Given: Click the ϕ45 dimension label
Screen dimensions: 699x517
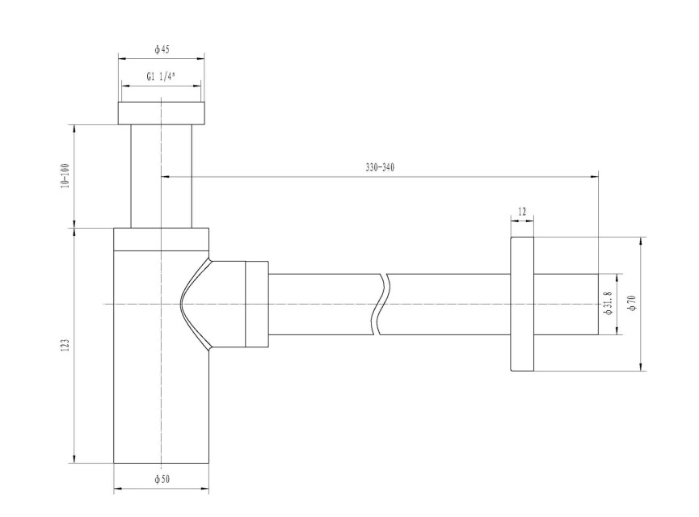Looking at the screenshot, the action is click(x=162, y=49).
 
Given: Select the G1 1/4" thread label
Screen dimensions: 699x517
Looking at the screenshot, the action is click(x=161, y=77).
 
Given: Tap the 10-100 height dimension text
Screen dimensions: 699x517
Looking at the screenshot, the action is click(x=65, y=175).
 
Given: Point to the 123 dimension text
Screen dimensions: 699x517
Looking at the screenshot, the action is click(x=65, y=346).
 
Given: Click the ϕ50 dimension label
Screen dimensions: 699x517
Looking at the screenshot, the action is click(x=162, y=480).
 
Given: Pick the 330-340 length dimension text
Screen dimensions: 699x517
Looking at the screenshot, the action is click(x=380, y=167).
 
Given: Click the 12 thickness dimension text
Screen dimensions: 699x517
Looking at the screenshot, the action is click(x=522, y=212).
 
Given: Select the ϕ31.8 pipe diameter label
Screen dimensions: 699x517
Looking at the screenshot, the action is click(x=609, y=304).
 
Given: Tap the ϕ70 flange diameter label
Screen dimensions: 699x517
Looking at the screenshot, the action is click(x=631, y=303).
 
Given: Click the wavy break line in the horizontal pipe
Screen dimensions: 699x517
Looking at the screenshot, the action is click(x=380, y=305).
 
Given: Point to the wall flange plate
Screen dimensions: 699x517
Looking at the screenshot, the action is click(x=521, y=304).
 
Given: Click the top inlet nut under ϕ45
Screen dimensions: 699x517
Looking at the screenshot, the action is click(x=162, y=113).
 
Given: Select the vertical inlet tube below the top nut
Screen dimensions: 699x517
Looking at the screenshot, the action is click(x=162, y=176).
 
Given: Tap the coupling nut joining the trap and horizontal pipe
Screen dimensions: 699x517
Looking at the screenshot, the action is click(x=257, y=305).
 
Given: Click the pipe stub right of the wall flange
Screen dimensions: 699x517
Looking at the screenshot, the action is click(x=566, y=304).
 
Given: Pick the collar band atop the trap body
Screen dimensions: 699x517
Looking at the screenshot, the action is click(x=161, y=239).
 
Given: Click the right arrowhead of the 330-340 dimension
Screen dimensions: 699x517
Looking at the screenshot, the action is click(x=594, y=176).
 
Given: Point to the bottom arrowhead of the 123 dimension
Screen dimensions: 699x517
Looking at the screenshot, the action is click(x=74, y=459).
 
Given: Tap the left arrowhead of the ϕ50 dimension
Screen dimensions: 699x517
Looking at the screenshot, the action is click(x=118, y=490).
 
